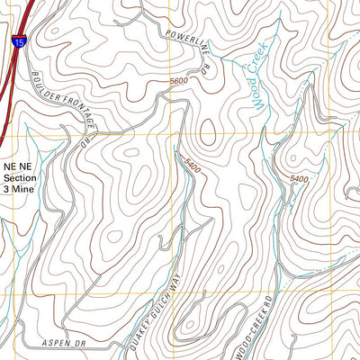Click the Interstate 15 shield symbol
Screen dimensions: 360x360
click(x=19, y=40)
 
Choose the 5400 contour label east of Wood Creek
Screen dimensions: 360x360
click(x=299, y=180)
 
